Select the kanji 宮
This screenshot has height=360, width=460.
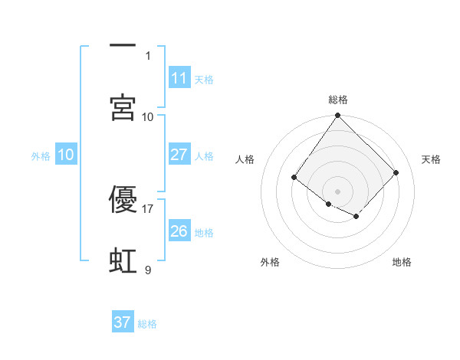[x=123, y=107]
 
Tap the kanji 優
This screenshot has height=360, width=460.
[x=123, y=198]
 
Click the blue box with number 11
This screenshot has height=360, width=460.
[x=179, y=78]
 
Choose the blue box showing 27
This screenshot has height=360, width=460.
[x=179, y=155]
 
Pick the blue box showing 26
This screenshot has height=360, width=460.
[x=179, y=231]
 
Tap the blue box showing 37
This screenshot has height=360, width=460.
[x=122, y=322]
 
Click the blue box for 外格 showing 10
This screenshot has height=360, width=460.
[x=66, y=155]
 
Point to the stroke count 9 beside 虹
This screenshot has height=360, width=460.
[x=148, y=270]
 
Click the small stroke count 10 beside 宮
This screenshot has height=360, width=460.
[x=148, y=116]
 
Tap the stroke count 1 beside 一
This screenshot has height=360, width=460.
[x=148, y=55]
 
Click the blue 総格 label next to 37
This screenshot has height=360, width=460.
[x=147, y=324]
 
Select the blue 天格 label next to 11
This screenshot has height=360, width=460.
[x=204, y=80]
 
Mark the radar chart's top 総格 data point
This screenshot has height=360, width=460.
[x=337, y=116]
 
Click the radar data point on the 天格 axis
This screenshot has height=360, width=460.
[x=396, y=172]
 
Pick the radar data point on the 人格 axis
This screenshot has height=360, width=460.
[x=294, y=178]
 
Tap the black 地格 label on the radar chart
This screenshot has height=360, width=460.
[x=402, y=263]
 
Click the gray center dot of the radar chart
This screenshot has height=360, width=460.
[x=337, y=191]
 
